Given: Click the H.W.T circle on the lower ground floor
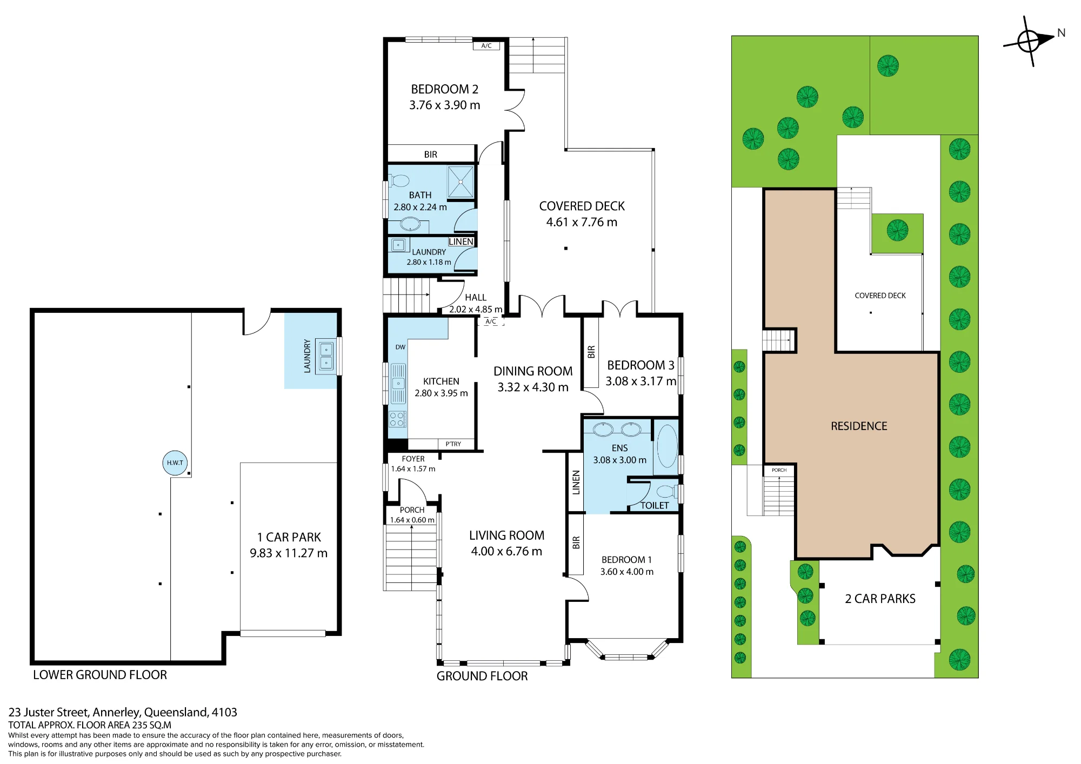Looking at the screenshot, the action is click(175, 463).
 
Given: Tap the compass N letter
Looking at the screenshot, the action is click(1061, 33).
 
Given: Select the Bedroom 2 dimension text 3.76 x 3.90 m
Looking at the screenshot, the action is click(444, 105).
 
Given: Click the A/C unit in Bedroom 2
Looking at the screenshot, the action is click(486, 46).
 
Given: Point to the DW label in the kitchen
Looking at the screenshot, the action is click(400, 347).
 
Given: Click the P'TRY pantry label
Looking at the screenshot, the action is click(453, 444).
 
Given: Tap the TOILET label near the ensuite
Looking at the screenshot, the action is click(655, 505).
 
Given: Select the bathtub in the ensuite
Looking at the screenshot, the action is click(666, 446).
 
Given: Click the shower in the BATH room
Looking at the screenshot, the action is click(461, 182).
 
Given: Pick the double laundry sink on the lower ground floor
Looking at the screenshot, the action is click(326, 356).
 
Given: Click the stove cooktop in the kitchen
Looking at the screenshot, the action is click(397, 419).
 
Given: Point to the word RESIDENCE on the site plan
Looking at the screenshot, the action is click(859, 426).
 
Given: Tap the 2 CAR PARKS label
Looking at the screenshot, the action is click(880, 599).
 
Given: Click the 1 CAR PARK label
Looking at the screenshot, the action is click(289, 537).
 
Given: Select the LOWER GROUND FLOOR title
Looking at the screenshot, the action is click(100, 675).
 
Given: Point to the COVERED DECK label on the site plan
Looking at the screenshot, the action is click(880, 296).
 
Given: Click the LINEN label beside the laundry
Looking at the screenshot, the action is click(461, 242).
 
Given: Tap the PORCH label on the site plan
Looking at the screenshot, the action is click(779, 470).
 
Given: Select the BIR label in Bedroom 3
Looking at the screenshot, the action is click(591, 352).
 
